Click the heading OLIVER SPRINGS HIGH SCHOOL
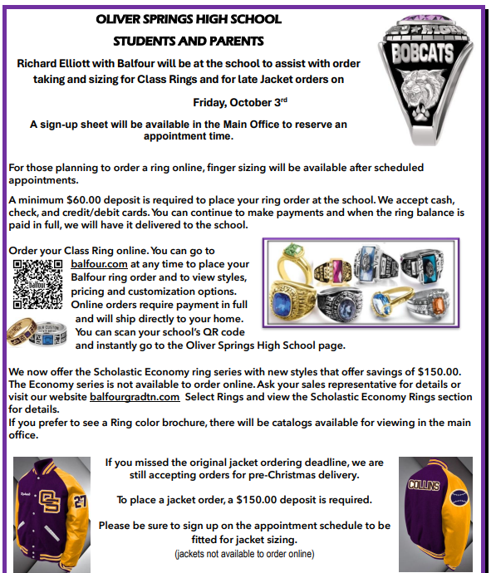pyautogui.click(x=188, y=19)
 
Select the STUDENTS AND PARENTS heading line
pyautogui.click(x=188, y=40)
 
